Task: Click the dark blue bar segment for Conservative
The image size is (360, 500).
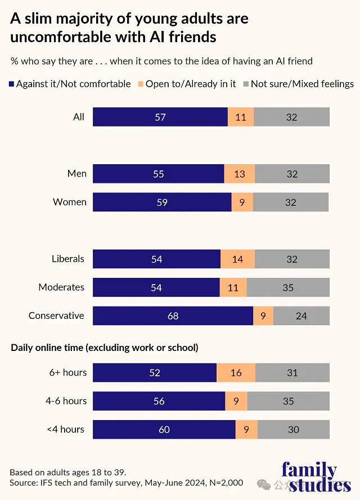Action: [173, 316]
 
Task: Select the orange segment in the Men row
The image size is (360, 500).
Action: [240, 174]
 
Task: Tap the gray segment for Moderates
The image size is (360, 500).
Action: [288, 287]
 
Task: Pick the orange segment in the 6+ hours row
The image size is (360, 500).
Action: [236, 372]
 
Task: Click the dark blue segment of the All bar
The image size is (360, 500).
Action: [160, 117]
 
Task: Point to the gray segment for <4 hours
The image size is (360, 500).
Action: [294, 430]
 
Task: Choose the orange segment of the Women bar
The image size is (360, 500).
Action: [242, 202]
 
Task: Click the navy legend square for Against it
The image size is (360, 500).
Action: [11, 84]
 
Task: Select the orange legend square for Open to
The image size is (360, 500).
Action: [141, 84]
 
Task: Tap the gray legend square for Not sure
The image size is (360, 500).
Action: [246, 84]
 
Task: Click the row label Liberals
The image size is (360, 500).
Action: [68, 259]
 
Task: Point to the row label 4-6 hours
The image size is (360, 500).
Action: [66, 401]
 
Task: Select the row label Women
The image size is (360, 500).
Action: [70, 202]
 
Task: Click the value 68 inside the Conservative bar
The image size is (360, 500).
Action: [173, 316]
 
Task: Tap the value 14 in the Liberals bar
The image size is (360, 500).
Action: [237, 259]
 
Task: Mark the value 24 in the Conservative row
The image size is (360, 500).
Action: [301, 316]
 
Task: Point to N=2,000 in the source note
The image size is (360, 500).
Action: [226, 483]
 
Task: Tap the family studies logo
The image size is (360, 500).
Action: [316, 478]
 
